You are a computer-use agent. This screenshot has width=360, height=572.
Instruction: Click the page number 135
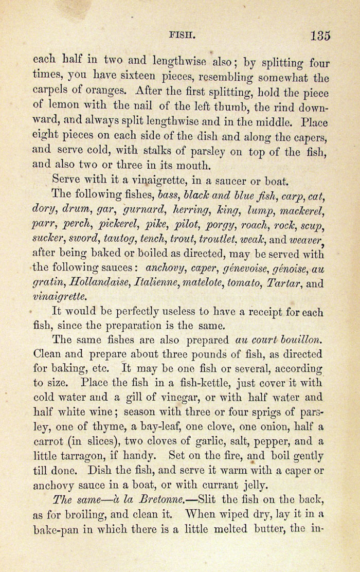[320, 36]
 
